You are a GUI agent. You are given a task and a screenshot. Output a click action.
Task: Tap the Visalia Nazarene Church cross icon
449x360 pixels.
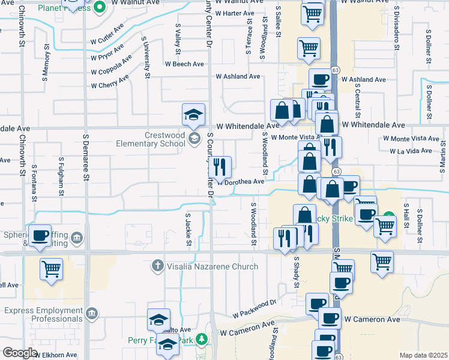tap(158, 265)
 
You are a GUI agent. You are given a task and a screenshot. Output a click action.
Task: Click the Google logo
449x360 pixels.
tap(19, 353)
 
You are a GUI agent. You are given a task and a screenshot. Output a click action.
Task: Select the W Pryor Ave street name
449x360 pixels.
tap(107, 53)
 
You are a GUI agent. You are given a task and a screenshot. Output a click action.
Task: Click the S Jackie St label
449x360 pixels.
tap(188, 230)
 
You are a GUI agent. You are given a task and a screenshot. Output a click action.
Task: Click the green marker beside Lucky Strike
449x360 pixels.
tap(389, 216)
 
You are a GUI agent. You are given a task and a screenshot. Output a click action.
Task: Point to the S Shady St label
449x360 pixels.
tap(296, 272)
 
